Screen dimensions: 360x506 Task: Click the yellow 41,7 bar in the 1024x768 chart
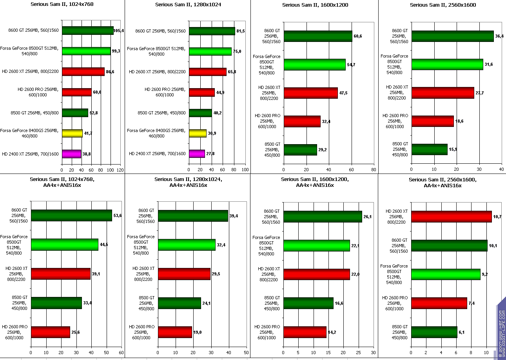[72, 134]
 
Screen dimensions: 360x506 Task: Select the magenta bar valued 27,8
[197, 154]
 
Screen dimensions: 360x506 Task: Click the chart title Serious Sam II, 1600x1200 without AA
[315, 5]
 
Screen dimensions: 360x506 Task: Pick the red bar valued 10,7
[451, 217]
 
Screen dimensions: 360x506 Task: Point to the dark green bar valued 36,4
[452, 36]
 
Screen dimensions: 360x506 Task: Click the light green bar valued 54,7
[315, 65]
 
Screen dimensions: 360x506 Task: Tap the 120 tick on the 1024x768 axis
[120, 170]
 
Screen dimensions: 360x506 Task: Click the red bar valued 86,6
[83, 72]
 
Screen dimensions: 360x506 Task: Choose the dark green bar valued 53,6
[71, 215]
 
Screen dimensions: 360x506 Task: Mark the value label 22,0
[355, 274]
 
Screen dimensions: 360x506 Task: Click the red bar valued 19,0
[175, 332]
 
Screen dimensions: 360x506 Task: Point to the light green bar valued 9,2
[446, 274]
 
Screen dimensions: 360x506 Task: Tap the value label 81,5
[240, 31]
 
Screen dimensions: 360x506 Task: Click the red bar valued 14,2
[305, 332]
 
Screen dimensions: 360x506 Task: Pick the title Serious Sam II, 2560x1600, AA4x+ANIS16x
[443, 183]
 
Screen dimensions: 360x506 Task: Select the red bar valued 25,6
[51, 332]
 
